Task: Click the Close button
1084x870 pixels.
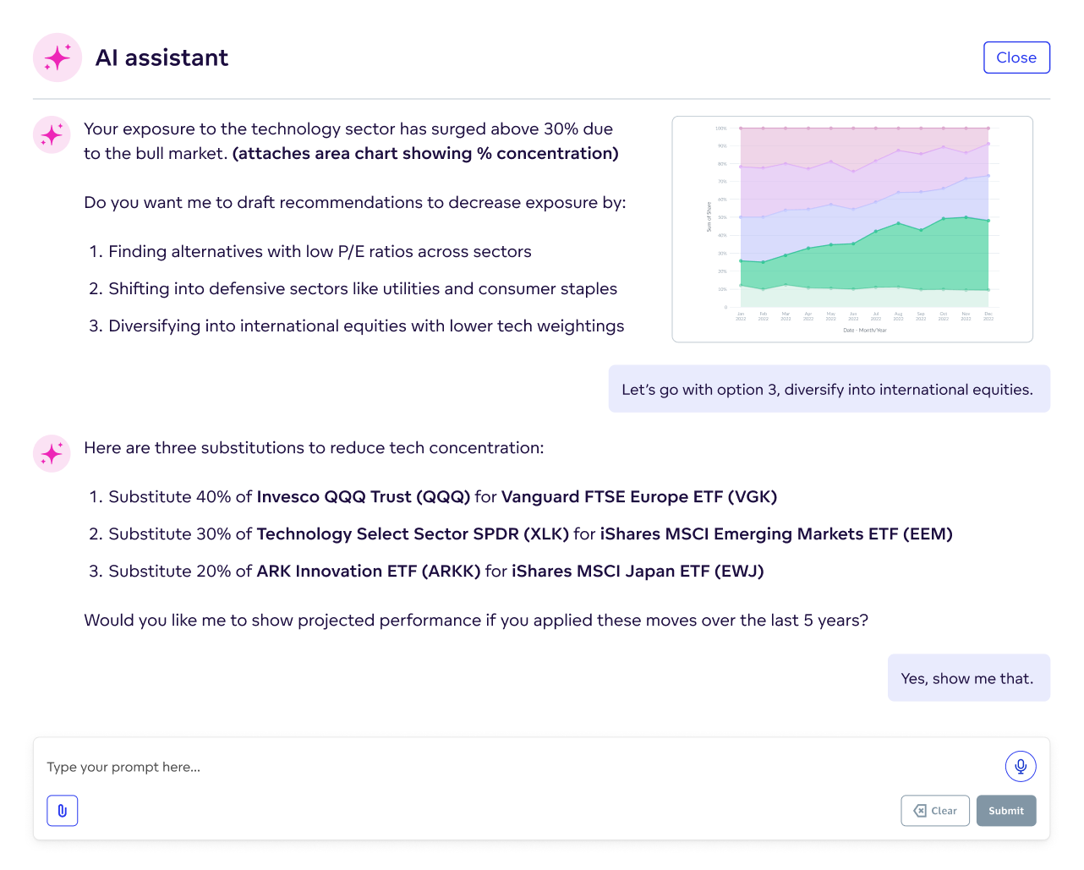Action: point(1016,57)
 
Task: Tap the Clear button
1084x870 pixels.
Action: point(935,811)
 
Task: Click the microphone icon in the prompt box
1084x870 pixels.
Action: point(1021,766)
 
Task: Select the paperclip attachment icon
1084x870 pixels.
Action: point(63,811)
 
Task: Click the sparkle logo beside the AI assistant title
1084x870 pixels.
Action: point(57,57)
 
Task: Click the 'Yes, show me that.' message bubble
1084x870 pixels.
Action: point(968,678)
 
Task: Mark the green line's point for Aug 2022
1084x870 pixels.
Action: point(898,223)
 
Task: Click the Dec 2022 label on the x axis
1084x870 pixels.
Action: point(988,316)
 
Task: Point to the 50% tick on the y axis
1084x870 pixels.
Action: point(722,217)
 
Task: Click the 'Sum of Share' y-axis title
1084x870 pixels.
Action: point(709,217)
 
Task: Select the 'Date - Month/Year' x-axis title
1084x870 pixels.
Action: point(864,331)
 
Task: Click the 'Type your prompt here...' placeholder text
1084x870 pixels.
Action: point(123,768)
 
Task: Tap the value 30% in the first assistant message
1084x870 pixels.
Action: point(561,129)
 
